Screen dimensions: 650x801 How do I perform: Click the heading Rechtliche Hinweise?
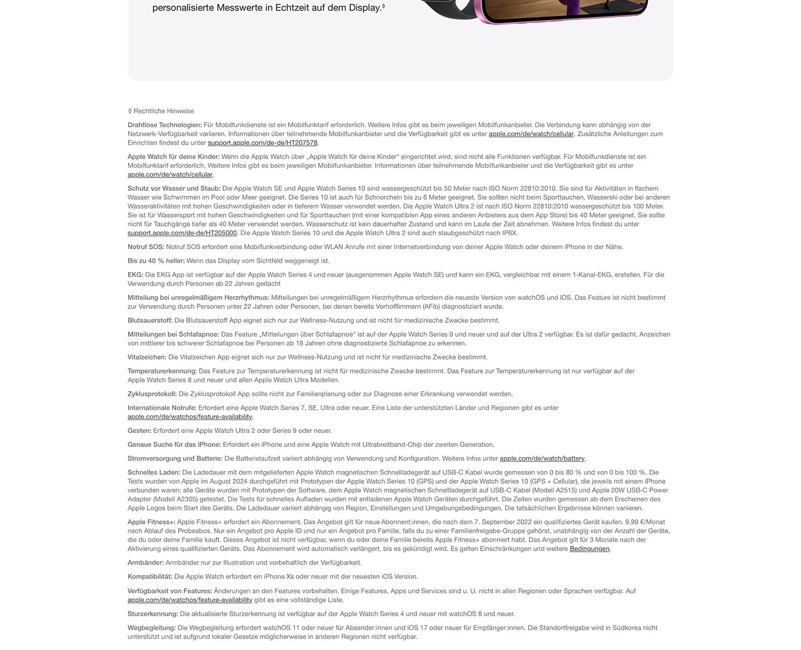tap(163, 111)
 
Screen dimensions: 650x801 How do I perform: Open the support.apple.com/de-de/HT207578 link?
tap(262, 143)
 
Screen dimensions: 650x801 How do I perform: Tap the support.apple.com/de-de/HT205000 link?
tap(182, 233)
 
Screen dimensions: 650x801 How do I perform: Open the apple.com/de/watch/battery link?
tap(542, 459)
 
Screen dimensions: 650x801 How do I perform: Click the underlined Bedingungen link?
tap(590, 549)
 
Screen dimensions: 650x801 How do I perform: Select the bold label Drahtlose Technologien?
tap(164, 125)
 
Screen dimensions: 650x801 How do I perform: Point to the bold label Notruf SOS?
tap(146, 247)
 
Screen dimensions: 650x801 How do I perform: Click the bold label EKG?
tap(135, 275)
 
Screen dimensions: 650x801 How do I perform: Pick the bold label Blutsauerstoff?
tap(150, 321)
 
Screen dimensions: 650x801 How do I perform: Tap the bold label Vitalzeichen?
tap(147, 357)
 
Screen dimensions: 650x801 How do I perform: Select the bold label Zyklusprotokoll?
tap(152, 394)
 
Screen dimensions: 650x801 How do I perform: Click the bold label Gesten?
tap(139, 431)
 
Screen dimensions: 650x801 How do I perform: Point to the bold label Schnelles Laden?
tap(154, 473)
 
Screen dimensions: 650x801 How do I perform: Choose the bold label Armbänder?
tap(146, 563)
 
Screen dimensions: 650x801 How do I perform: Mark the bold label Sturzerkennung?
tap(153, 614)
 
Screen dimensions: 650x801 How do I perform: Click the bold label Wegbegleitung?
tap(152, 628)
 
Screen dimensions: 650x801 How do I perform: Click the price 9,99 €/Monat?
tap(640, 522)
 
